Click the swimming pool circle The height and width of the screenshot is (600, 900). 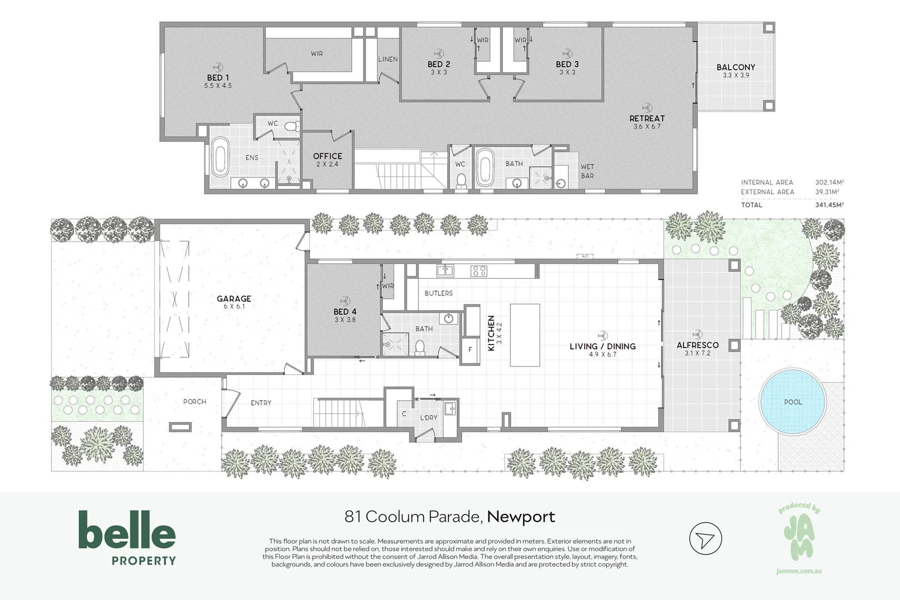click(x=792, y=402)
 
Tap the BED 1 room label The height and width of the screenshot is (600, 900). click(x=218, y=78)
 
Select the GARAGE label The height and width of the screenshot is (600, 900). click(x=234, y=298)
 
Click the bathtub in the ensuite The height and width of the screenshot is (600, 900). click(x=220, y=157)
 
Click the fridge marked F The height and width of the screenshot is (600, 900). click(x=470, y=350)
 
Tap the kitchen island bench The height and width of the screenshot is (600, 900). click(x=525, y=335)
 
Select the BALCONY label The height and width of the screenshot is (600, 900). click(x=736, y=67)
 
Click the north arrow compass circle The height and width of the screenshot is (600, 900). click(x=706, y=538)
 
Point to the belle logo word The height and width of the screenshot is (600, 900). click(x=127, y=529)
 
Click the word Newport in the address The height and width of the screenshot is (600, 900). click(x=521, y=517)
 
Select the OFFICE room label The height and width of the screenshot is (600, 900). click(x=327, y=156)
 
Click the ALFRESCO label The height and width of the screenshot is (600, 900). click(x=698, y=345)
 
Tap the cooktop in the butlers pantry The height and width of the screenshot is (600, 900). click(x=478, y=271)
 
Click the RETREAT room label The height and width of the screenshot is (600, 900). click(x=647, y=118)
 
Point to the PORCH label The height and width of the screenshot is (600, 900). click(x=194, y=402)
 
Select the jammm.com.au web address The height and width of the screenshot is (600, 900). click(x=799, y=571)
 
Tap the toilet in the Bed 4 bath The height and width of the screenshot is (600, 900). click(x=420, y=348)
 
